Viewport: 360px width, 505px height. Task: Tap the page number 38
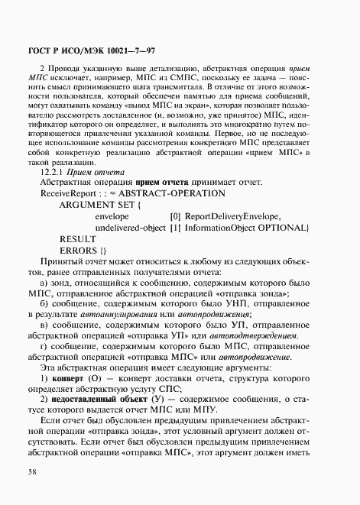32,471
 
